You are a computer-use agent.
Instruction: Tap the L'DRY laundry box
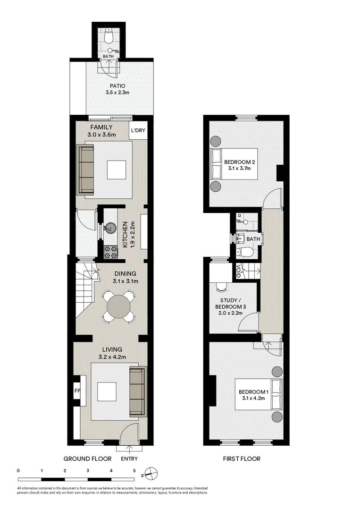pyautogui.click(x=138, y=131)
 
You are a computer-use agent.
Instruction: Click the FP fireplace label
pyautogui.click(x=77, y=391)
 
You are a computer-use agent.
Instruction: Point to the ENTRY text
pyautogui.click(x=130, y=459)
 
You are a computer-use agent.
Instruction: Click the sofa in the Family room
pyautogui.click(x=86, y=170)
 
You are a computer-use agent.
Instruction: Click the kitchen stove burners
pyautogui.click(x=110, y=252)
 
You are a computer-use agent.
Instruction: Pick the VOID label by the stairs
pyautogui.click(x=239, y=271)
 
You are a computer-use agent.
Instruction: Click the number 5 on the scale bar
pyautogui.click(x=134, y=471)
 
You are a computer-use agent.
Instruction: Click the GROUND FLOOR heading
pyautogui.click(x=87, y=459)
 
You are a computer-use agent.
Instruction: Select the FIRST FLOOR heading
pyautogui.click(x=242, y=459)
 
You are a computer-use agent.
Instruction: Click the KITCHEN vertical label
pyautogui.click(x=126, y=235)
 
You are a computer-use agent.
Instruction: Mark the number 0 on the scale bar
pyautogui.click(x=18, y=471)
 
